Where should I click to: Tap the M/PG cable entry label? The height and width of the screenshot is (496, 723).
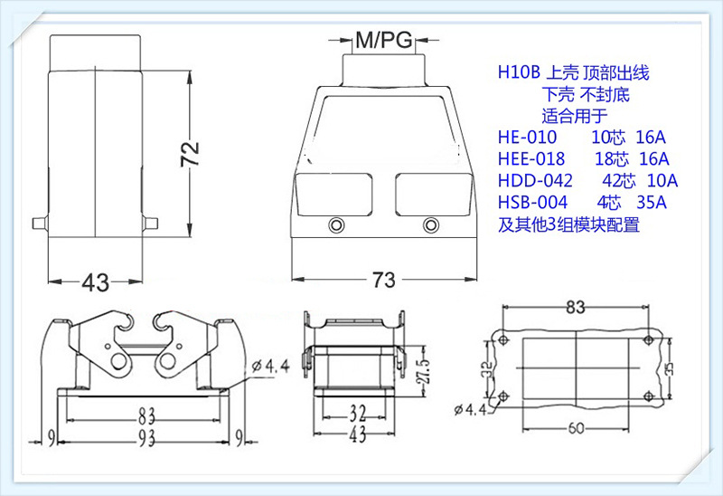(383, 40)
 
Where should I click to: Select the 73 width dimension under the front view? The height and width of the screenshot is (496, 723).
(383, 280)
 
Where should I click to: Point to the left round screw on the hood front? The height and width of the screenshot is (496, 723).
(338, 225)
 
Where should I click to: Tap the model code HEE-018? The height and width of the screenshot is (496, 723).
(531, 158)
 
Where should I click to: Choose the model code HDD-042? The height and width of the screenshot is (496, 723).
(534, 180)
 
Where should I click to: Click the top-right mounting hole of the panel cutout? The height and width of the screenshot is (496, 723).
(647, 340)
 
